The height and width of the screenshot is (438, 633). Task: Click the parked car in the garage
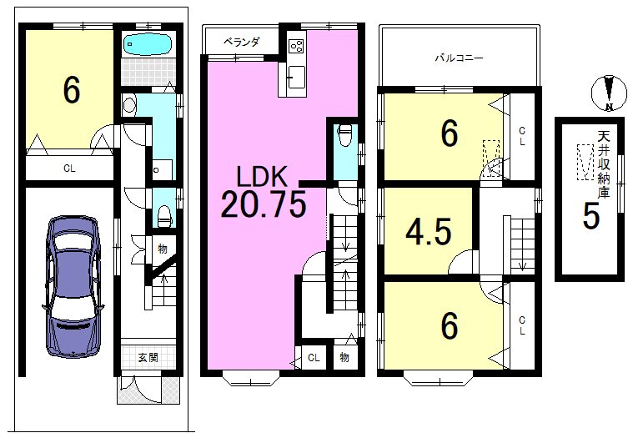(x=73, y=287)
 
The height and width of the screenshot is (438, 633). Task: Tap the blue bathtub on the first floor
(x=148, y=43)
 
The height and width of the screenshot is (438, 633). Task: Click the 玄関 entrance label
(x=148, y=357)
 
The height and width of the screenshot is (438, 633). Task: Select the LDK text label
(x=262, y=176)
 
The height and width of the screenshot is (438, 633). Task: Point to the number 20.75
(x=264, y=204)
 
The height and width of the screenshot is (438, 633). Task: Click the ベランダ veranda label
(x=242, y=42)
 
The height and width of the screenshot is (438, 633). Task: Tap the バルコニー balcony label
(x=459, y=58)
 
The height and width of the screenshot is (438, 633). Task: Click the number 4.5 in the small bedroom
(x=428, y=232)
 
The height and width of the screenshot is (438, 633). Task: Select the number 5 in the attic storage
(x=591, y=217)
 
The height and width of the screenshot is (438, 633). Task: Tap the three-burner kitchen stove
(x=297, y=46)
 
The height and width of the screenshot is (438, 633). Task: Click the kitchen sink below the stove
(x=296, y=75)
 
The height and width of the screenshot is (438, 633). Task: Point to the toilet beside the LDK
(x=344, y=135)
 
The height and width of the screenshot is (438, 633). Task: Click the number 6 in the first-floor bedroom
(x=72, y=90)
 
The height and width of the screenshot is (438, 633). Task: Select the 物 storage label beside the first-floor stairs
(x=163, y=249)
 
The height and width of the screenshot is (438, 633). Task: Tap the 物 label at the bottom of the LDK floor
(x=344, y=357)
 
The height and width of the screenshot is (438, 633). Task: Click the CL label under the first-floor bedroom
(x=69, y=169)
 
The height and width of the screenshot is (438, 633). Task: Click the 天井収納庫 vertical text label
(x=604, y=164)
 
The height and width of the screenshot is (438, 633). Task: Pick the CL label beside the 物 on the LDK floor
(x=314, y=357)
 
